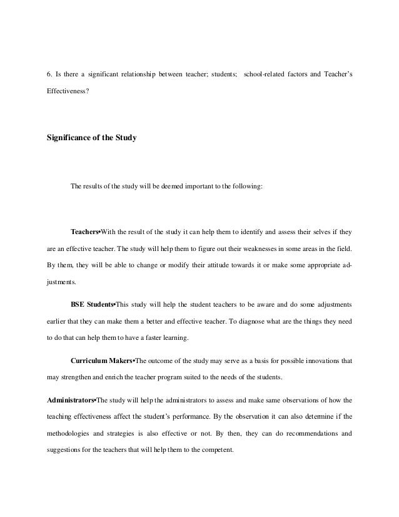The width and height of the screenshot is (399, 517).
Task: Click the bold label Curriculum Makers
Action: [102, 361]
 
